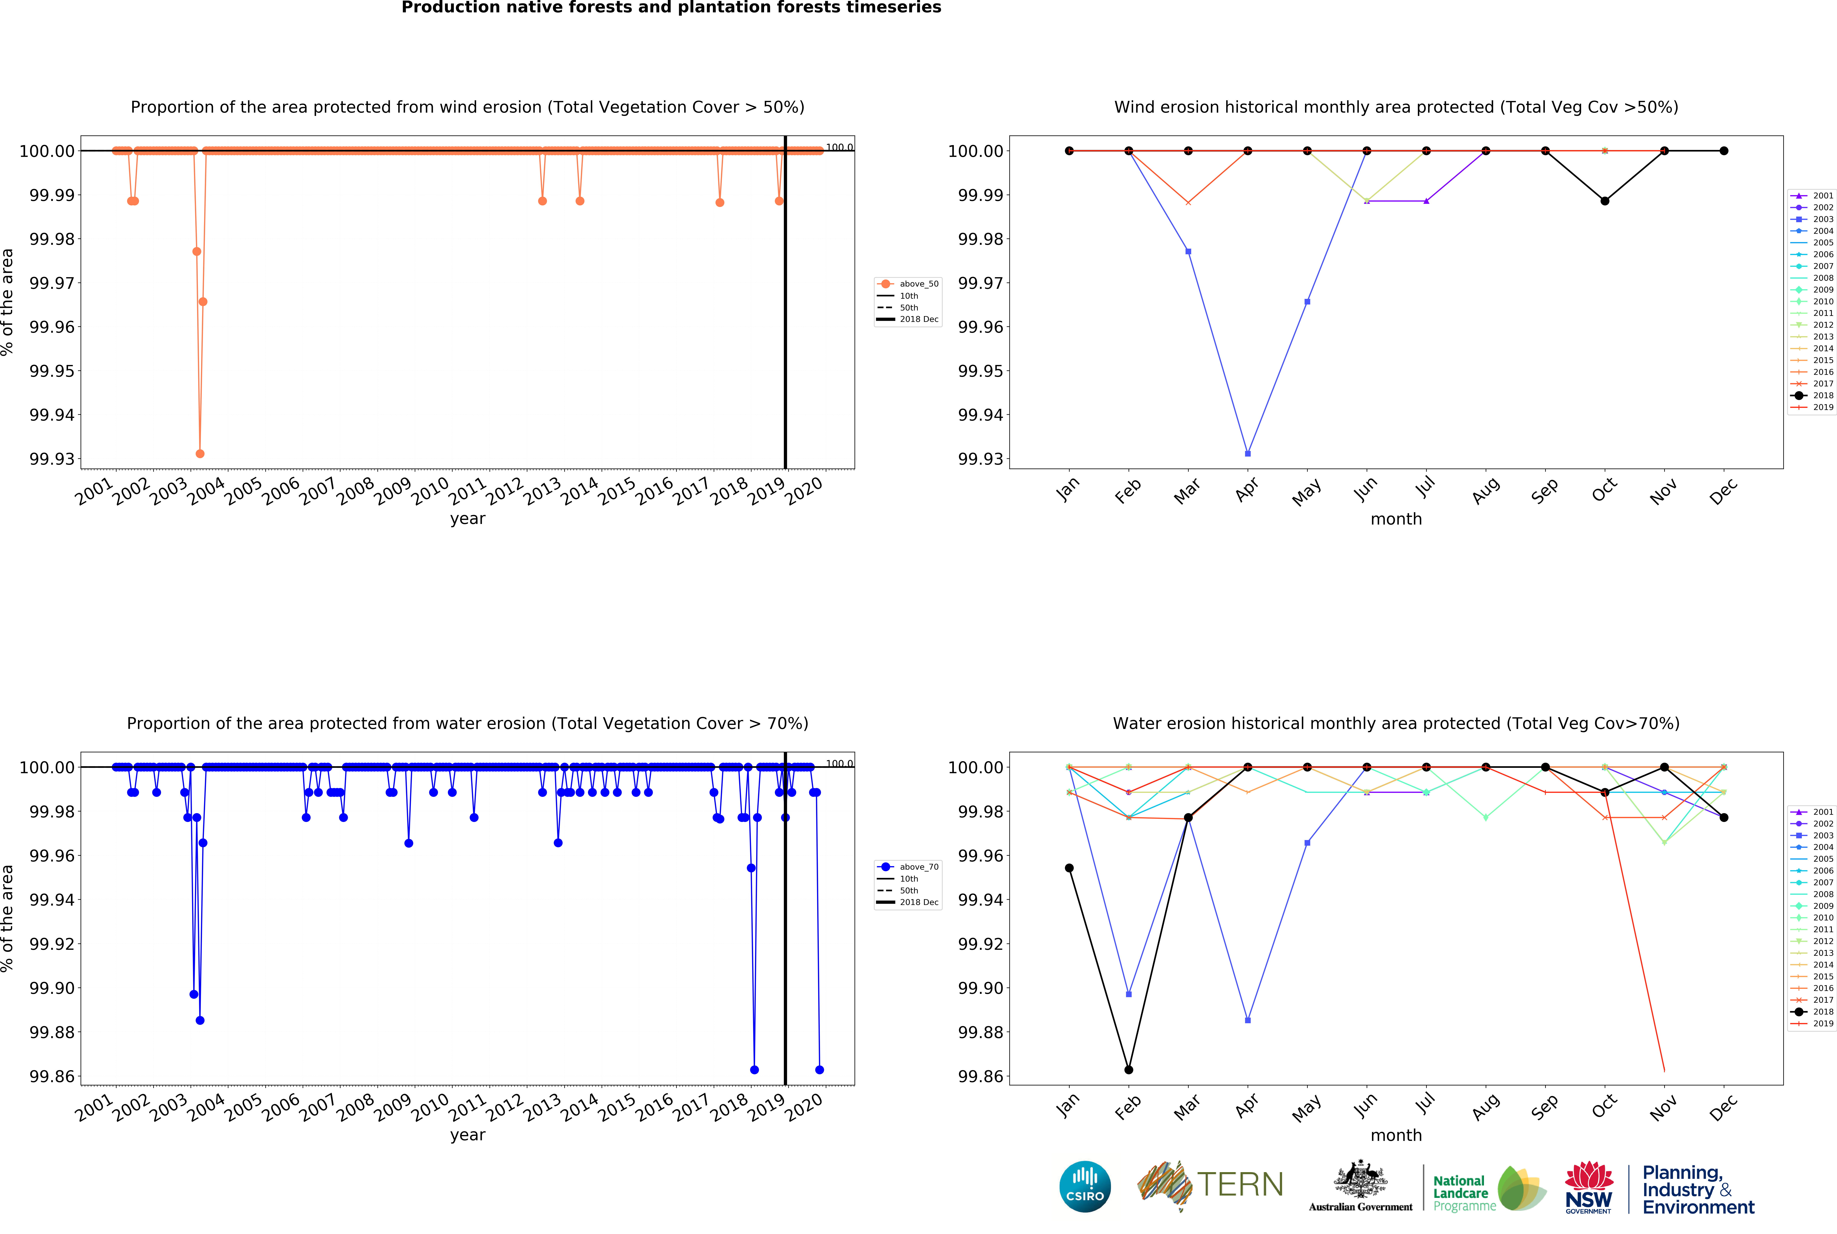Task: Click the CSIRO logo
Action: tap(1084, 1186)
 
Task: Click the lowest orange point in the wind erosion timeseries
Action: tap(200, 453)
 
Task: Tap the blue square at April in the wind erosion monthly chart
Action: tap(1247, 453)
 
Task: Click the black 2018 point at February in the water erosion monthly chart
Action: tap(1129, 1070)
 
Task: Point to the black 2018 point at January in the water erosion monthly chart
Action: tap(1069, 868)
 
